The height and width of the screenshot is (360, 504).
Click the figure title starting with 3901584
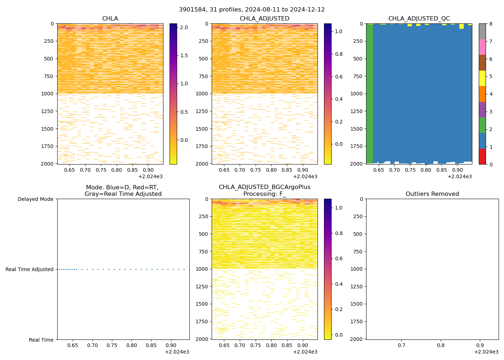click(252, 10)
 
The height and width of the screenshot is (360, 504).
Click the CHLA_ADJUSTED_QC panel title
click(419, 19)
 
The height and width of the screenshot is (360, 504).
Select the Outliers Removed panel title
click(432, 194)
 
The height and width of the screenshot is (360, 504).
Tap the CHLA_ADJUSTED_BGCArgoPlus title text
click(264, 187)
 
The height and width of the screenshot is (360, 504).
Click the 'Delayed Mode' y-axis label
click(35, 199)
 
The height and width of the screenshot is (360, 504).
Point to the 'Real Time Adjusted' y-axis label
click(30, 269)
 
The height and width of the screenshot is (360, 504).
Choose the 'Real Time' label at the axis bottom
click(41, 340)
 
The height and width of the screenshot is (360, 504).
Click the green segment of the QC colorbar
click(482, 125)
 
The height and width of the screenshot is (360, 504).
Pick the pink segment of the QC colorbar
click(482, 47)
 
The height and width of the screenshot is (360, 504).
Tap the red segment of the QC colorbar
click(482, 157)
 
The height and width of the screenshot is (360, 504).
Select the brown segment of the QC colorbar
click(482, 63)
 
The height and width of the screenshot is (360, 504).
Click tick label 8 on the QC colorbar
click(490, 24)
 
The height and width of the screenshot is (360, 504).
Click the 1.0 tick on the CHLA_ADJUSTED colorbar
click(338, 31)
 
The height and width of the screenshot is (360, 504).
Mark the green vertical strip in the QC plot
click(369, 94)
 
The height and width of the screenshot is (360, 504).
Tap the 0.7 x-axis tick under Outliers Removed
click(401, 346)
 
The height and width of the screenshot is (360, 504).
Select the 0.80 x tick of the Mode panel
click(131, 346)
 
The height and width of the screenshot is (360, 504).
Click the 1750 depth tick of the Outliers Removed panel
click(357, 321)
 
